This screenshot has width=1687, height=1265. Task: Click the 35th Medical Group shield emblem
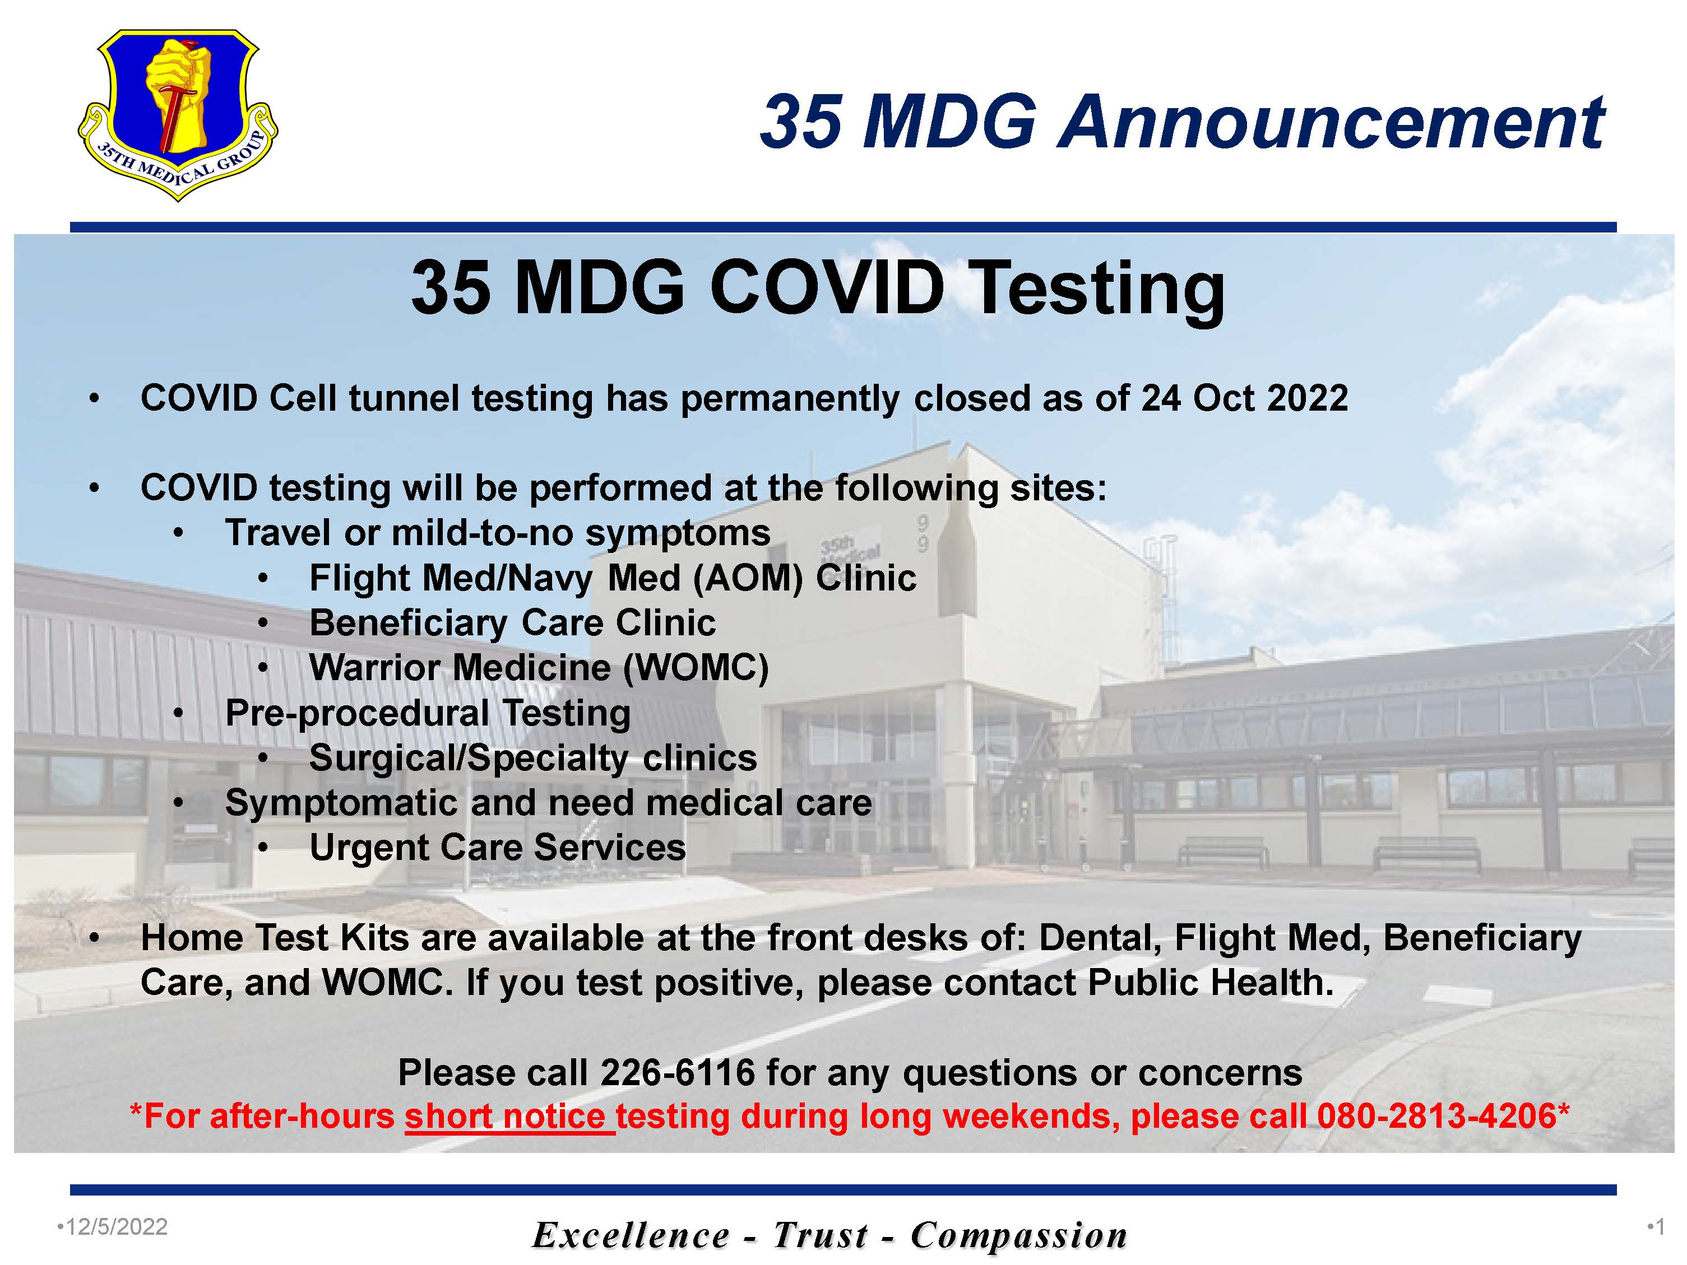point(178,114)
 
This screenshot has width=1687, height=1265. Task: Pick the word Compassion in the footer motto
point(1019,1235)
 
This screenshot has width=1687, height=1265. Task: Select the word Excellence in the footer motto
point(631,1235)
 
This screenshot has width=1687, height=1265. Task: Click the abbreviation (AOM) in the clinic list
point(748,578)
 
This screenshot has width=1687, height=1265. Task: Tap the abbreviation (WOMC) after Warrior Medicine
point(696,668)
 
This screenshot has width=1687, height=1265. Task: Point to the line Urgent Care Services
point(497,847)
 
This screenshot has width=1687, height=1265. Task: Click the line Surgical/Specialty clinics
point(533,758)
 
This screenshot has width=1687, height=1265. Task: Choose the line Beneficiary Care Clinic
point(512,623)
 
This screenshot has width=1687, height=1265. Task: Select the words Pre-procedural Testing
point(428,713)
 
